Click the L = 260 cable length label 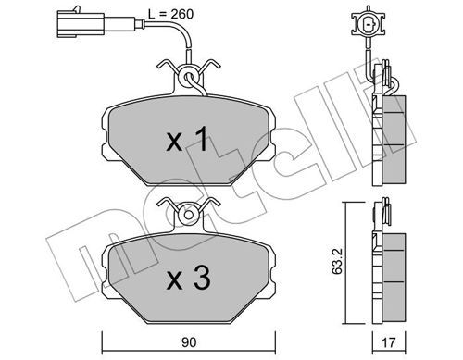(170, 14)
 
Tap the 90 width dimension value (189, 342)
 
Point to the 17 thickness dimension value (389, 342)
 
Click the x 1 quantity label (187, 141)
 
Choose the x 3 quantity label (188, 278)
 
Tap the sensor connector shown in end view (368, 23)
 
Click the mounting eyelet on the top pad (188, 76)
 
